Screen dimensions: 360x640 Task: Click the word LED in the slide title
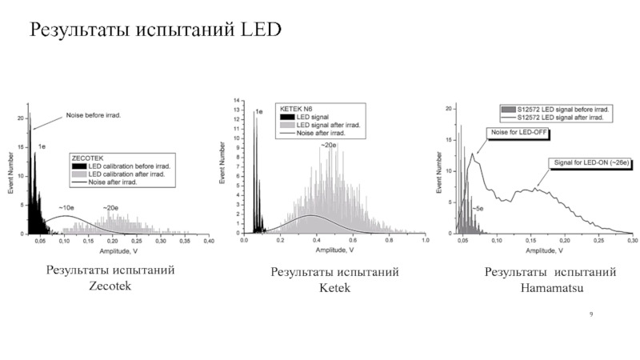[x=261, y=30]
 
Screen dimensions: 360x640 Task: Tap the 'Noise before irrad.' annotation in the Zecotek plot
[x=93, y=115]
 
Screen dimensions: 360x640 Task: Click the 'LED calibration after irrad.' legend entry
[x=133, y=174]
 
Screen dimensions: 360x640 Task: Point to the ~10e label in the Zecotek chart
[x=66, y=208]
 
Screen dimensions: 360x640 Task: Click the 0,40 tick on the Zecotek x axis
[x=208, y=241]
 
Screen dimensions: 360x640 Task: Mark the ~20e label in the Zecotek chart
[x=110, y=208]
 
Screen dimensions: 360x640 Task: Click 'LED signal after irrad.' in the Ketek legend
[x=328, y=125]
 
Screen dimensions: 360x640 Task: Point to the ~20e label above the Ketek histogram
[x=328, y=145]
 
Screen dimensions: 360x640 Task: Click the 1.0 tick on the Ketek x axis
[x=425, y=241]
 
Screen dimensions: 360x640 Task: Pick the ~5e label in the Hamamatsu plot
[x=477, y=208]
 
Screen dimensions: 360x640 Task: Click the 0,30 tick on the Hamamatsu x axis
[x=632, y=241]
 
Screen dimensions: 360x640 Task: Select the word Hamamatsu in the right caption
[x=550, y=286]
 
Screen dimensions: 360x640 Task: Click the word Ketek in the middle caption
[x=335, y=287]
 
